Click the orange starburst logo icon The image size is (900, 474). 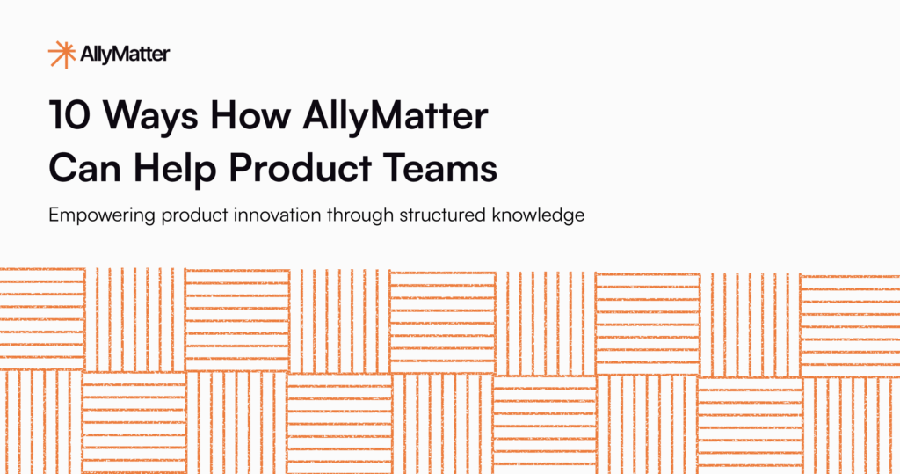62,55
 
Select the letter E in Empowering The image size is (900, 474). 55,215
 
